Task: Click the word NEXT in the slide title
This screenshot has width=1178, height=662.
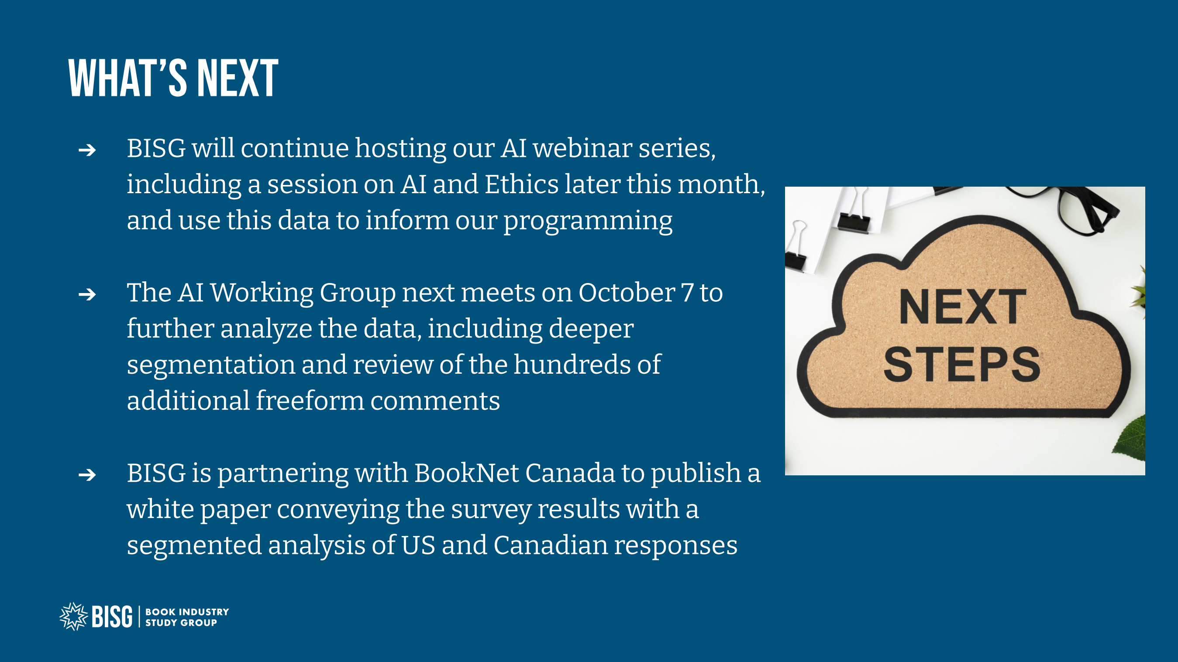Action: click(238, 78)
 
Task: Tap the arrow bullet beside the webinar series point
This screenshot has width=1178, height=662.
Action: click(87, 150)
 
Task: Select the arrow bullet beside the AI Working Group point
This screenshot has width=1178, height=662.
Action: click(87, 294)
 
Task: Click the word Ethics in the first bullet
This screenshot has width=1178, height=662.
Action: click(521, 184)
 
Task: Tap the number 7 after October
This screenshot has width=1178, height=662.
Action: click(687, 293)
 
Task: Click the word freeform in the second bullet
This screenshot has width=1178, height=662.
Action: click(310, 401)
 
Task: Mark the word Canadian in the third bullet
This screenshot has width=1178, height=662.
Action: click(550, 545)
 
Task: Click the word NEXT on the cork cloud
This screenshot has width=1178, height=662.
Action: click(962, 307)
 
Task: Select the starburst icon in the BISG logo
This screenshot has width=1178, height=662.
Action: click(74, 616)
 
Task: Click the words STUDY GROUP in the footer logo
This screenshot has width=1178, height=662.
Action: click(181, 622)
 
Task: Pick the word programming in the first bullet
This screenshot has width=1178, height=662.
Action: click(588, 222)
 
